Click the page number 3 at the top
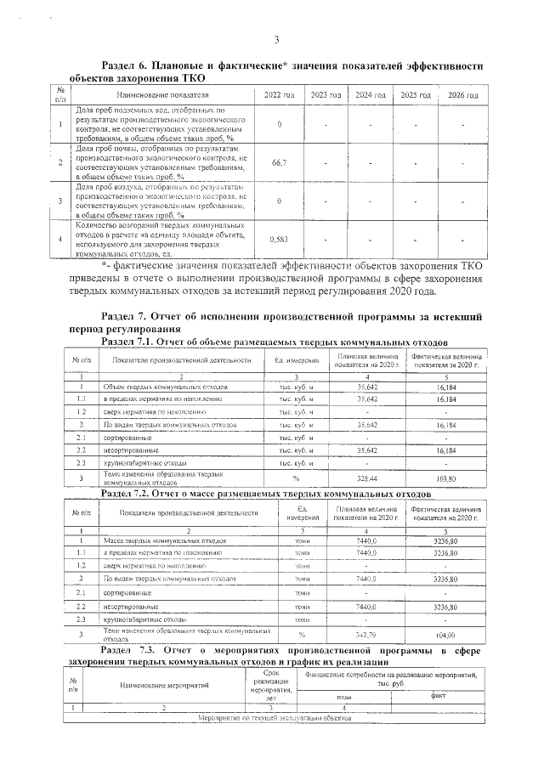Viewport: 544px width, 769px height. [x=277, y=39]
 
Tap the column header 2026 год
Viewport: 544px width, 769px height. [x=462, y=95]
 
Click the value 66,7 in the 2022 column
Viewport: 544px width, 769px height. [x=279, y=161]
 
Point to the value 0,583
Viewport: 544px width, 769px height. [x=279, y=240]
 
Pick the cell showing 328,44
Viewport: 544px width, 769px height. [x=367, y=478]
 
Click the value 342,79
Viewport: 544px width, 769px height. [x=367, y=635]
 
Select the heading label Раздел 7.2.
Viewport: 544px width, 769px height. [x=129, y=493]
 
